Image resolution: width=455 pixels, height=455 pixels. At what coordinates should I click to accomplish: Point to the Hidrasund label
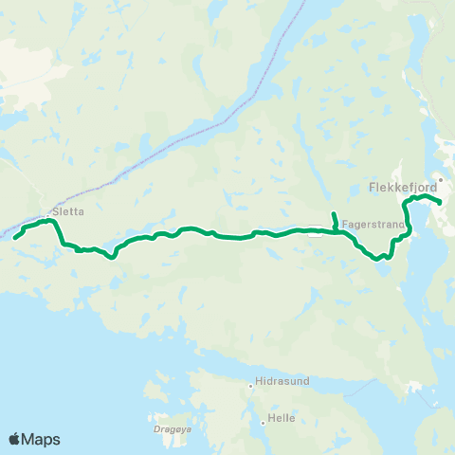(x=280, y=386)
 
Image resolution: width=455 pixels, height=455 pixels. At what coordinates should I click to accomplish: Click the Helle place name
(x=282, y=418)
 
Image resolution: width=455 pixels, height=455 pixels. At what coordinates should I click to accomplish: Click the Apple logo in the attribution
(x=15, y=439)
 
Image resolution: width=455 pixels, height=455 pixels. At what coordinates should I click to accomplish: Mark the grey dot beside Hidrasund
(x=250, y=386)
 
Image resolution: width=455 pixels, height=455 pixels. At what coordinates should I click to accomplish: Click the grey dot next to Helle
(x=262, y=418)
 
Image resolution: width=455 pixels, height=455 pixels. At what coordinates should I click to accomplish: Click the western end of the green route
(x=15, y=238)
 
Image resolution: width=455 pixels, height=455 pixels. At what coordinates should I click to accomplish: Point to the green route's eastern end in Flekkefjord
(x=441, y=202)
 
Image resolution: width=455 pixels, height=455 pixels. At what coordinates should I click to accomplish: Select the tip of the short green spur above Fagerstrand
(x=334, y=212)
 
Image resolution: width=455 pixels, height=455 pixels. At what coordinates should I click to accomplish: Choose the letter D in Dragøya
(x=154, y=428)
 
